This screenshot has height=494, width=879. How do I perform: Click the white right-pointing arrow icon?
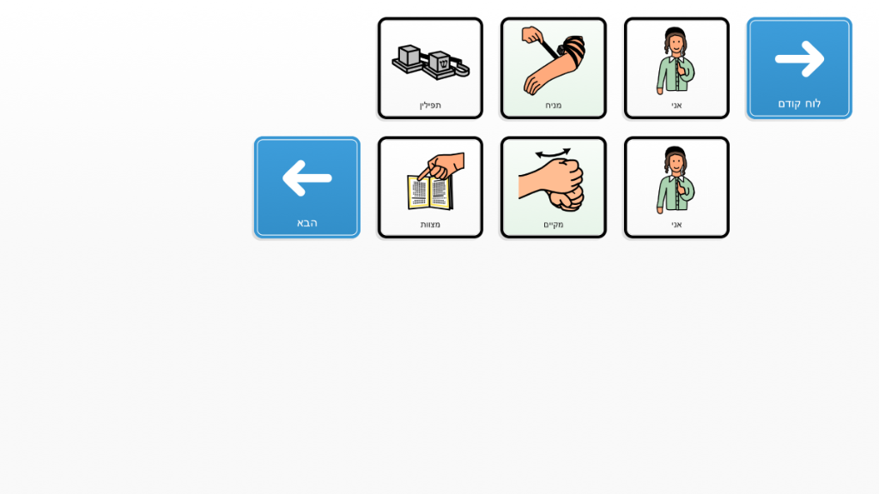coord(800,58)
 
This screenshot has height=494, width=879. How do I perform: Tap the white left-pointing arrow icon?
coord(306,178)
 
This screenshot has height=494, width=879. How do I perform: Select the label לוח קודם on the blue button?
coord(799,104)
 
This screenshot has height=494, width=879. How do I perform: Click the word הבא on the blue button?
coord(307,223)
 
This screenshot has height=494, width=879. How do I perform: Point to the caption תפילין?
coord(430,105)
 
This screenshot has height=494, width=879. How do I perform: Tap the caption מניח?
coord(554,105)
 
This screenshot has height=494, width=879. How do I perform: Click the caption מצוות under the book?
coord(430,225)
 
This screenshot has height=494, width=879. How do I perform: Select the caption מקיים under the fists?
coord(554,225)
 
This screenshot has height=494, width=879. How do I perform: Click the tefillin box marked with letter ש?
coord(441,65)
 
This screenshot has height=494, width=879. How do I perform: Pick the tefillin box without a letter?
coord(408,58)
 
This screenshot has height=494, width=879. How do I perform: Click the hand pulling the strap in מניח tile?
coord(532,35)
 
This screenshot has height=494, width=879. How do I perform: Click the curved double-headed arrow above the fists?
coord(553,153)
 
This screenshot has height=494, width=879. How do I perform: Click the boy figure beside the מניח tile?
coord(676,61)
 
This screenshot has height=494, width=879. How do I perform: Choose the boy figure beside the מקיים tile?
coord(676,180)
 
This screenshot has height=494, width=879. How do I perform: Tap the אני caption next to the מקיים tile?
coord(676,225)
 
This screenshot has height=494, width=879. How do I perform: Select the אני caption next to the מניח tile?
coord(676,105)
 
